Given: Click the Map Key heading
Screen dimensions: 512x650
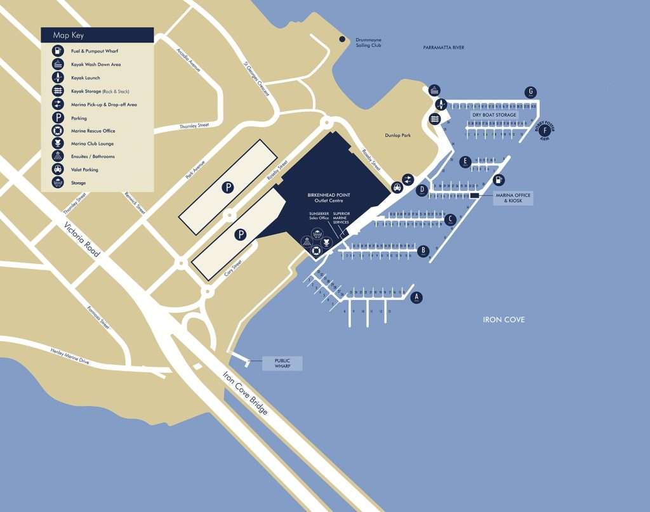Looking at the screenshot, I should coord(69,36).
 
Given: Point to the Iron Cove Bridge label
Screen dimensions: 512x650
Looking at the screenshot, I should coord(245,391).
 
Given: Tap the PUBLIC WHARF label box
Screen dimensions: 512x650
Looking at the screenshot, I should coord(282,364).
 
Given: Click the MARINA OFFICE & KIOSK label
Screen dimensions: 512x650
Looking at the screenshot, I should coord(513,199).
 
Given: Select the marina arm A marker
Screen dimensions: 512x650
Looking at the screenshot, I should coord(416,297).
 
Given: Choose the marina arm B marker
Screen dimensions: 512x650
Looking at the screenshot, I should coord(423,251).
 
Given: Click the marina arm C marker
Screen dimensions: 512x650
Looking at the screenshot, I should coord(450,220).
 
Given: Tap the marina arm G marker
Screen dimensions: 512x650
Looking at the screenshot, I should coord(531,92).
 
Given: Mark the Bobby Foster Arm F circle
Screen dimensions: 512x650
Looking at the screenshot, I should coord(544,131).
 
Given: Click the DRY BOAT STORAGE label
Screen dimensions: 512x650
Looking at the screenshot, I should coord(494,115).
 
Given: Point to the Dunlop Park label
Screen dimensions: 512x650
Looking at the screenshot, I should coord(398,135).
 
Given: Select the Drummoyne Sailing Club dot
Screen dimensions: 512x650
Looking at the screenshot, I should coord(342,39).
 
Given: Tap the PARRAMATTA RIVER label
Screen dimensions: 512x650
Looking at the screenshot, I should coord(444,48).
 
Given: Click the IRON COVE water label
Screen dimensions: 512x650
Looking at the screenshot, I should coord(503,320).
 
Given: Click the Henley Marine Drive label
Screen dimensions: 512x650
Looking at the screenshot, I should coord(70,357).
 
